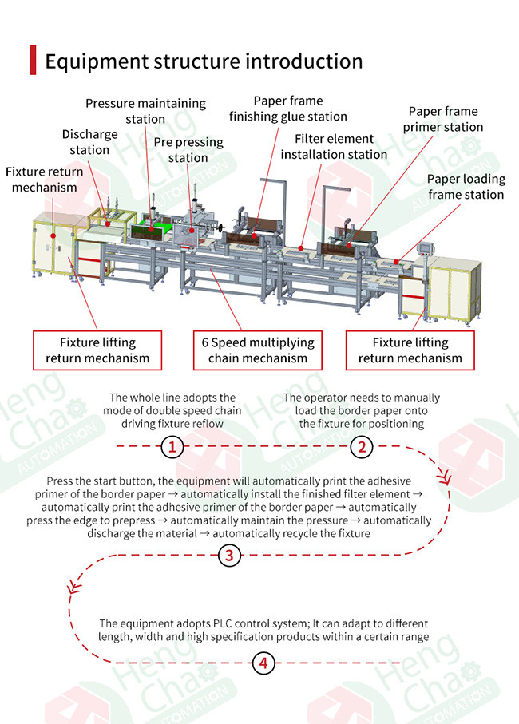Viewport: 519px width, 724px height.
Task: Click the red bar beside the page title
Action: [x=33, y=60]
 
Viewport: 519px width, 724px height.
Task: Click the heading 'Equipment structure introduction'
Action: [x=204, y=61]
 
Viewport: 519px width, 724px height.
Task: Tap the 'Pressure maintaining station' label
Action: [x=146, y=111]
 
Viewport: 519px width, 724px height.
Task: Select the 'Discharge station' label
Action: [x=89, y=142]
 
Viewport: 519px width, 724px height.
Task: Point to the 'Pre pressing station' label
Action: [x=188, y=149]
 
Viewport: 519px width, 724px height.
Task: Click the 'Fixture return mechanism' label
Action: [x=45, y=179]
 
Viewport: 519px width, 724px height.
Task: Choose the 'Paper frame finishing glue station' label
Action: [x=288, y=109]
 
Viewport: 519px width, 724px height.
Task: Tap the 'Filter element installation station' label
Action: [x=334, y=146]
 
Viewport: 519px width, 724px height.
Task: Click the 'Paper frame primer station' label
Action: [x=443, y=119]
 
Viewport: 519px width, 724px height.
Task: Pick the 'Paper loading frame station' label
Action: [x=466, y=187]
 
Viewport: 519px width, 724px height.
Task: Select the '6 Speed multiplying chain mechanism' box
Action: [x=258, y=350]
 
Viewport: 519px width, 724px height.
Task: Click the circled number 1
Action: [x=172, y=447]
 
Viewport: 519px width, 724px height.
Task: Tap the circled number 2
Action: [x=362, y=447]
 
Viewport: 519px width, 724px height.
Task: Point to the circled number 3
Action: [x=229, y=555]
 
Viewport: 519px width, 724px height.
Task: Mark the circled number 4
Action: [x=263, y=663]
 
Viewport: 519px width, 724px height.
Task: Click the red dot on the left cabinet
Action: [x=53, y=236]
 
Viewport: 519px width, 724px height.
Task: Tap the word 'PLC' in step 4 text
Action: [x=223, y=623]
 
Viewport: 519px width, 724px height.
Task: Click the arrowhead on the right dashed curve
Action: [x=444, y=477]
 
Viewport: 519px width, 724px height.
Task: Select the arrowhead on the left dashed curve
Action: [x=74, y=587]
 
